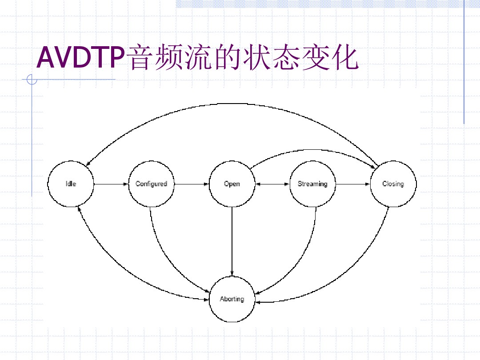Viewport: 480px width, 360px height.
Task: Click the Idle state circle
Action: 71,184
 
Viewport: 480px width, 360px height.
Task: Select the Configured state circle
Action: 151,184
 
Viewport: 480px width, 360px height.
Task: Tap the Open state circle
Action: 232,184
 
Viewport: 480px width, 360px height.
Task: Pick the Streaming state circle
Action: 312,184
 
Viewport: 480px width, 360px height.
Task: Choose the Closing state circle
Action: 393,184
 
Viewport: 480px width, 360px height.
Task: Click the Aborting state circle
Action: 232,299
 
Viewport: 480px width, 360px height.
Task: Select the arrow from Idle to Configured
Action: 111,184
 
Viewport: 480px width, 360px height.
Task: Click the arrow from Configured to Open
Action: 192,184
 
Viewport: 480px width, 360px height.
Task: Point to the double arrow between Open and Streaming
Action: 272,184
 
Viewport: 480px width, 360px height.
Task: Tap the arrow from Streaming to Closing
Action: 353,184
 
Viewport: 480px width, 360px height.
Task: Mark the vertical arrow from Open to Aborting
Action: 232,240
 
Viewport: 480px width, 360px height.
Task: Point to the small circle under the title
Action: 32,80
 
